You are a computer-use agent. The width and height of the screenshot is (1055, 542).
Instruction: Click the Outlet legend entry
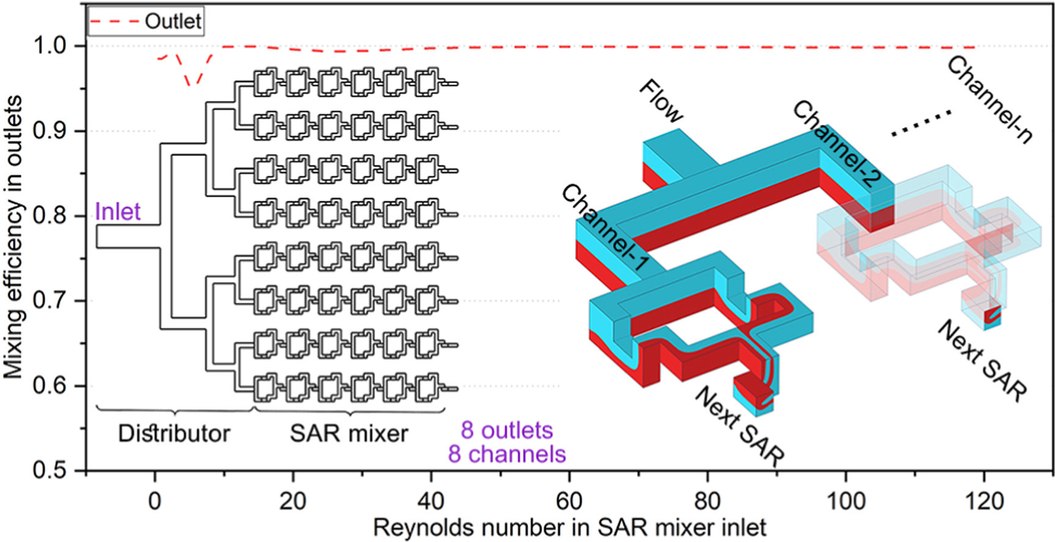click(146, 22)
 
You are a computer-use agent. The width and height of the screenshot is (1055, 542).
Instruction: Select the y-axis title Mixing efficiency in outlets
click(13, 237)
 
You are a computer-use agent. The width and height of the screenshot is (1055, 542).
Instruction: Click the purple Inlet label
click(117, 212)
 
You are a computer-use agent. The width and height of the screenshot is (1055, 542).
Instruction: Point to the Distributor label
click(174, 434)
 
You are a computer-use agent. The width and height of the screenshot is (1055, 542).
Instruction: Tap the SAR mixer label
click(349, 434)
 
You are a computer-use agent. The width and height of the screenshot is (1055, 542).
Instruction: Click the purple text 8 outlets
click(507, 430)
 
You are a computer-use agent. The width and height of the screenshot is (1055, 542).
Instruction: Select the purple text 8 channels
click(507, 455)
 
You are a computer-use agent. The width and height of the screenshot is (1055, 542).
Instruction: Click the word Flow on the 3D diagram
click(661, 101)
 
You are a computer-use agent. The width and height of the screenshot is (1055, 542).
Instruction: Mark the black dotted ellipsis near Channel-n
click(921, 122)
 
